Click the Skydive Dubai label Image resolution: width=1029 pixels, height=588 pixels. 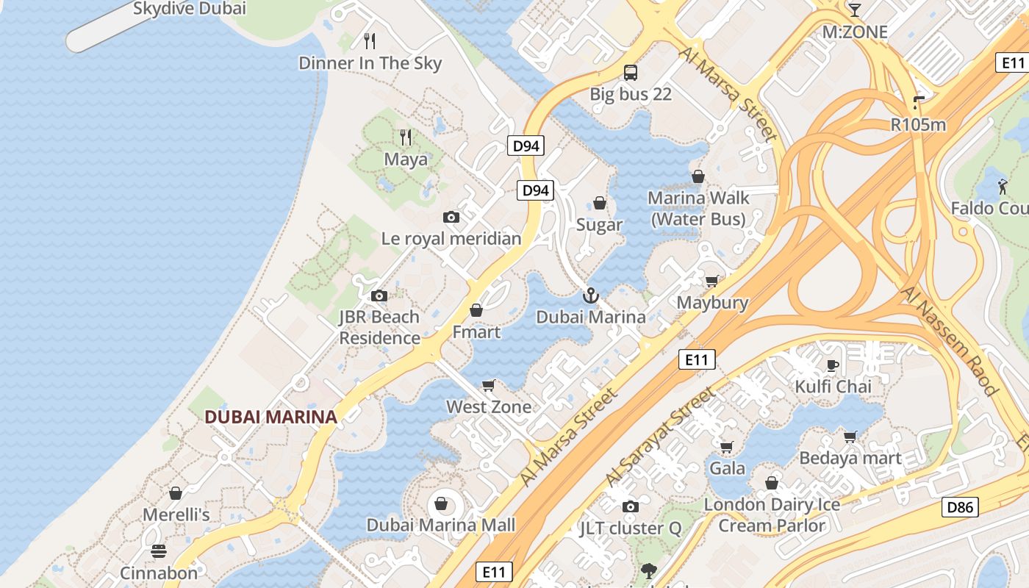click(189, 9)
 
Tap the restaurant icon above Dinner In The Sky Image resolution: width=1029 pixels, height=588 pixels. click(370, 40)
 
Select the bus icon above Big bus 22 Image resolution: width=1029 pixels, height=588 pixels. click(631, 72)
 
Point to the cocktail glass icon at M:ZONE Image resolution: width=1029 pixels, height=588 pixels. click(854, 10)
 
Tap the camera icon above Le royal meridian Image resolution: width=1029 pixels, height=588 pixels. click(451, 217)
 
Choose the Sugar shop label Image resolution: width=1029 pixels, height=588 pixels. click(599, 225)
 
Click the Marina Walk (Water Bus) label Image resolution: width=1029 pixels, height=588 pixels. click(698, 208)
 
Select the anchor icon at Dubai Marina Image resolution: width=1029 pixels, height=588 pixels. click(590, 295)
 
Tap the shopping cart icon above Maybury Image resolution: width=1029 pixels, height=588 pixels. click(711, 281)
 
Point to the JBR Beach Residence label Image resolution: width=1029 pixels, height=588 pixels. click(379, 327)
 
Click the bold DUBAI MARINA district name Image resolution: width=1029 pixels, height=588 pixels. click(270, 417)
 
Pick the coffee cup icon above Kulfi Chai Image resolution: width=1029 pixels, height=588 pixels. click(833, 365)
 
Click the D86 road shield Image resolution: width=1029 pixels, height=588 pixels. click(960, 506)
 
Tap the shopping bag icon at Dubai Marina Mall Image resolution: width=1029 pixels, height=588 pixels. click(441, 503)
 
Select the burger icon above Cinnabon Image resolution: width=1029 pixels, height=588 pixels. click(159, 551)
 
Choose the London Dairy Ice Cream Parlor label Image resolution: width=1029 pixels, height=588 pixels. click(772, 515)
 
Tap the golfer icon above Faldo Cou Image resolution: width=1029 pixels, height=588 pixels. click(1003, 187)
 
